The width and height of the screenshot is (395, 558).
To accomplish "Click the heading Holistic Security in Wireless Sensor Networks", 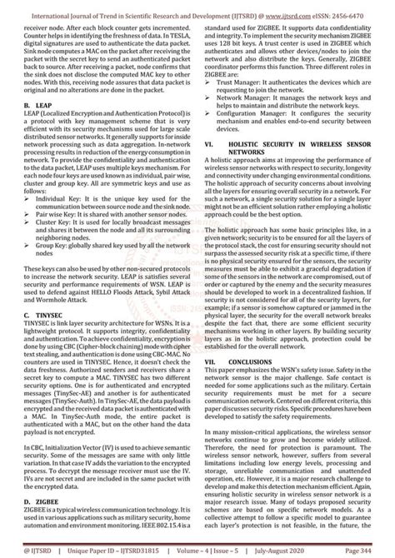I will click(296, 147).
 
